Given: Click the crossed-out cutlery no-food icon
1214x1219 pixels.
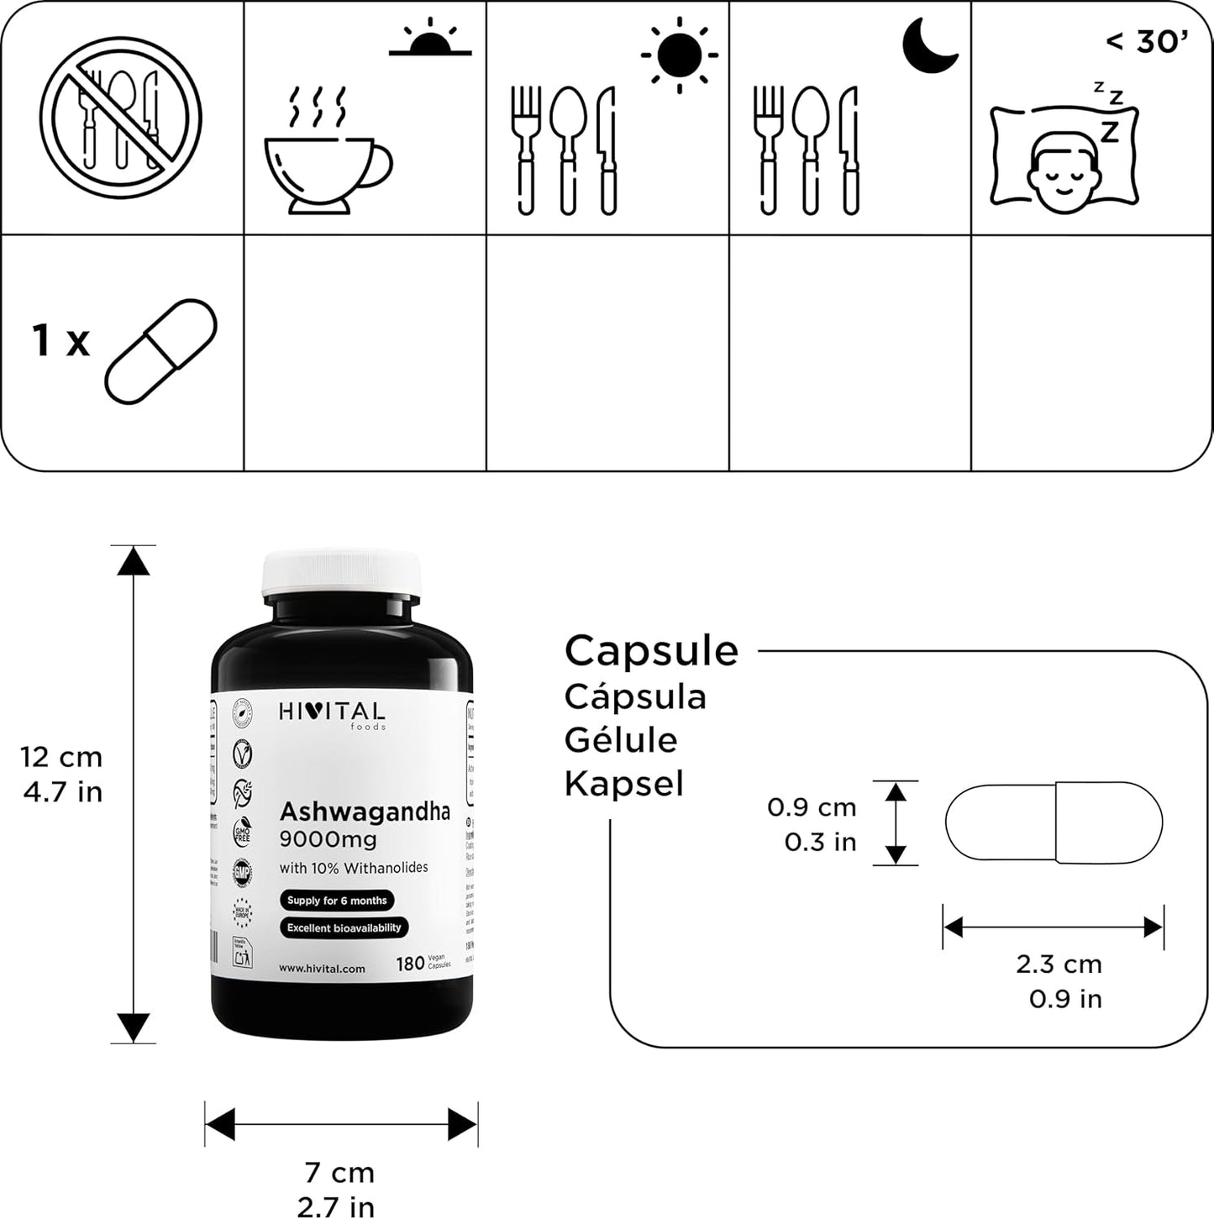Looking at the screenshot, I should tap(121, 118).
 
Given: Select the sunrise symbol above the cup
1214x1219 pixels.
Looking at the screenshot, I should tap(430, 39).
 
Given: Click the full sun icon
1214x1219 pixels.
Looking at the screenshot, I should tap(679, 55).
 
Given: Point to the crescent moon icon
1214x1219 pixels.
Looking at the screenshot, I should tap(929, 45).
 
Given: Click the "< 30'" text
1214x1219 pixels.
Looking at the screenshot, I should tap(1146, 40).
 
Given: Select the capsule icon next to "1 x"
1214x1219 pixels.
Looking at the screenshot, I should tap(160, 350).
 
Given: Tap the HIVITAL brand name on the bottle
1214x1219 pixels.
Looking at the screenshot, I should tap(332, 712).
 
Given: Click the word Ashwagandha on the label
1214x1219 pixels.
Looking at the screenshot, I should tap(365, 812).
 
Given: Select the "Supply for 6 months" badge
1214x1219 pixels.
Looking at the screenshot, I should tap(337, 901).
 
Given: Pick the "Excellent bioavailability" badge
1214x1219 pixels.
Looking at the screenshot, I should tap(344, 928).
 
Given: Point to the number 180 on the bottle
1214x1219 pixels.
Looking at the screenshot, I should tap(410, 964).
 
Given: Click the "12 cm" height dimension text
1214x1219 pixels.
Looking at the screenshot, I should tap(61, 757).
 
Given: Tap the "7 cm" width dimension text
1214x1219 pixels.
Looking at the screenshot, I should tap(339, 1172).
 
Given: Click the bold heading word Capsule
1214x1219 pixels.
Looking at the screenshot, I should tap(651, 650).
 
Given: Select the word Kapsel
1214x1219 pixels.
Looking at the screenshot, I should tap(623, 783).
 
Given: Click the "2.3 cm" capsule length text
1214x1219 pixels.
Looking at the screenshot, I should tap(1059, 964).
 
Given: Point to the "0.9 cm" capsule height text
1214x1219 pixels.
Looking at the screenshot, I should tap(812, 807).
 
